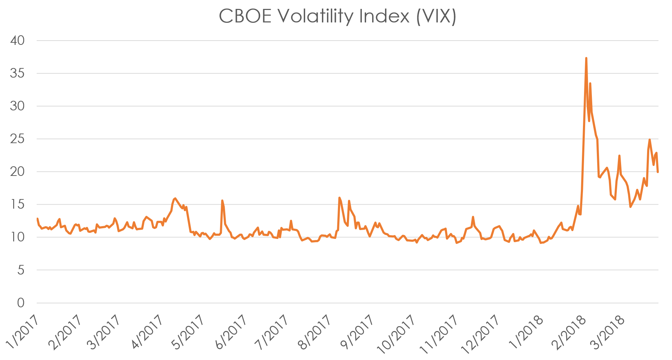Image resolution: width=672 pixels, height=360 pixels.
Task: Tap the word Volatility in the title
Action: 315,16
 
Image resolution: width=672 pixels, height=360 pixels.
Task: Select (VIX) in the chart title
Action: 436,16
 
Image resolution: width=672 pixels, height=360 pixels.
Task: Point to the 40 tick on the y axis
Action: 18,41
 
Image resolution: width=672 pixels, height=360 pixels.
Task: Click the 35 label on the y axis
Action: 18,73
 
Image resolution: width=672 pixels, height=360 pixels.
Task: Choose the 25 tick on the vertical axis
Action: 18,139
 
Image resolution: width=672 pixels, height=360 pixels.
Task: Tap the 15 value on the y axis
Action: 18,204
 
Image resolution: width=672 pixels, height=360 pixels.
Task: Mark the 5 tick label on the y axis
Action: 21,270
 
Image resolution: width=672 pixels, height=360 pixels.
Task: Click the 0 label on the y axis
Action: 21,303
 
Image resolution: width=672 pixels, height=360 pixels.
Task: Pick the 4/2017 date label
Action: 147,333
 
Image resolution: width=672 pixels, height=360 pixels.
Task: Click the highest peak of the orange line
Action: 586,58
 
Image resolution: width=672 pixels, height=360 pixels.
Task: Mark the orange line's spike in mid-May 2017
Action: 222,201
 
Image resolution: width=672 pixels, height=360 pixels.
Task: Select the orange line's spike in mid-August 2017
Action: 339,198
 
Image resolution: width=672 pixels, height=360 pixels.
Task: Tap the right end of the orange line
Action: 658,172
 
